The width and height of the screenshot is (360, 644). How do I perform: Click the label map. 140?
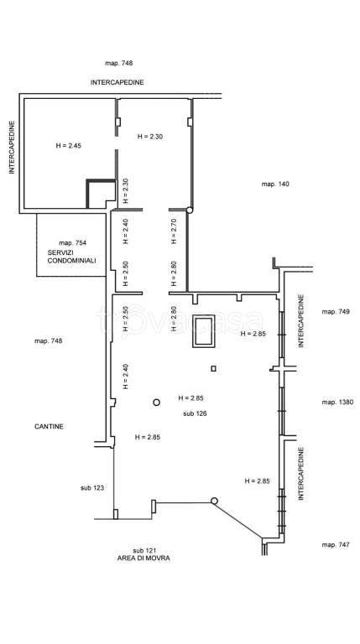(x=275, y=184)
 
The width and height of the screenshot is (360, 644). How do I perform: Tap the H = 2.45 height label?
(x=68, y=145)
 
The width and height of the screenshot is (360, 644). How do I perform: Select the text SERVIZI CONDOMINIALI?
(x=71, y=257)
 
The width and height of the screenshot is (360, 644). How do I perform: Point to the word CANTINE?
(x=49, y=427)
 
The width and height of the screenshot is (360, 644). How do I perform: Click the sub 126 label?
(x=195, y=413)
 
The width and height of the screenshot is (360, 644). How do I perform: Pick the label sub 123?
(x=92, y=488)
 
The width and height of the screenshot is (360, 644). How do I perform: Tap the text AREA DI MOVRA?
(x=143, y=558)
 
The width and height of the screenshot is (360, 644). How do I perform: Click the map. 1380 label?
(x=337, y=402)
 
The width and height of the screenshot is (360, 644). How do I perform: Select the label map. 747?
(x=336, y=544)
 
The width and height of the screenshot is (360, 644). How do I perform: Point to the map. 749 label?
(x=336, y=311)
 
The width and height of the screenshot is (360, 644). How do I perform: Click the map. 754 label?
(x=73, y=242)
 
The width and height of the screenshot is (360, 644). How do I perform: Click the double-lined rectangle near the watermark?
(x=203, y=331)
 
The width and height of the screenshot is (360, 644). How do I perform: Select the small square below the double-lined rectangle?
(x=213, y=368)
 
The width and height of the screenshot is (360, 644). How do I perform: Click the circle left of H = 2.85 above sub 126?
(x=157, y=402)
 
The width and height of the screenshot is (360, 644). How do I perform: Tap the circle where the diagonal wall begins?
(x=214, y=501)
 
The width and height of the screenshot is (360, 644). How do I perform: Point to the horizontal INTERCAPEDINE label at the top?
(x=117, y=82)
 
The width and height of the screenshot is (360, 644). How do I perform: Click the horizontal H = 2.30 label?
(x=150, y=137)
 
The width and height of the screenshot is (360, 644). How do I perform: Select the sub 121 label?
(x=144, y=550)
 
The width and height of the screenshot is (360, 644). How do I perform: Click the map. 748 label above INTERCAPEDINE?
(x=119, y=63)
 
